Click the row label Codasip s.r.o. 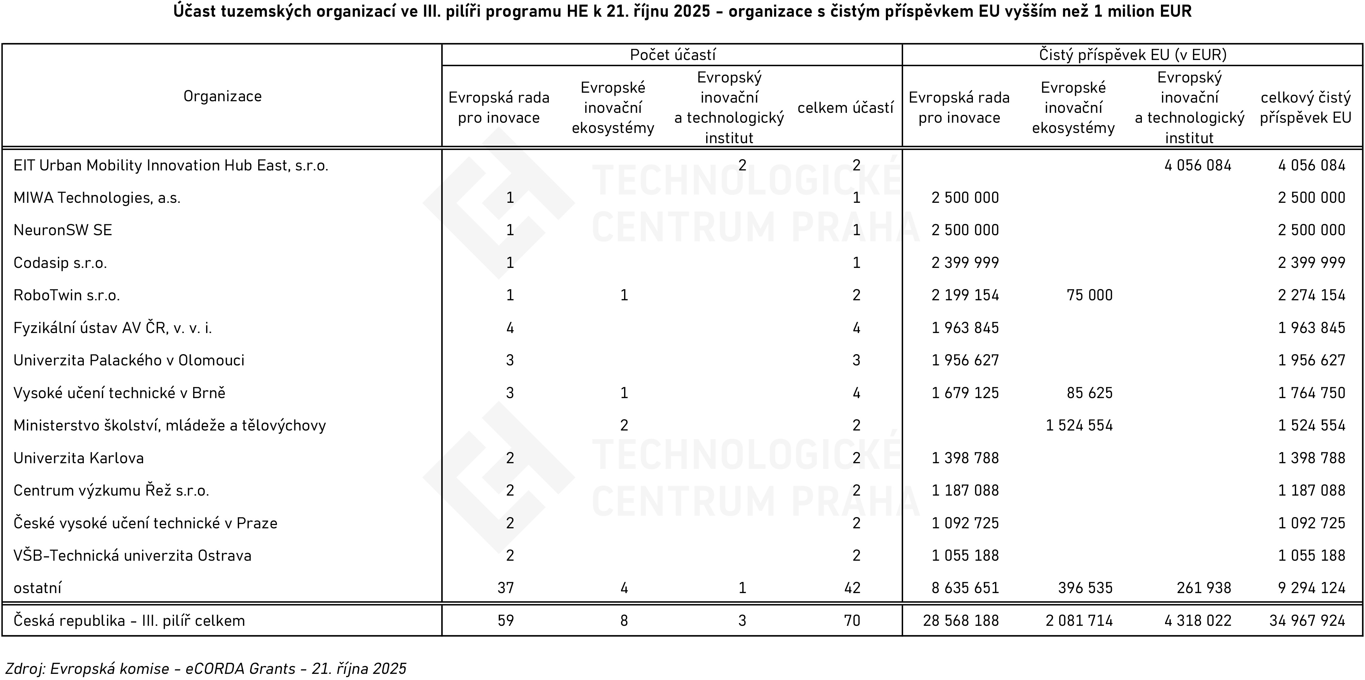pos(60,263)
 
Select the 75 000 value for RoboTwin pos(1089,295)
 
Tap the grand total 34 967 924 pos(1307,621)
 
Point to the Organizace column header pos(222,96)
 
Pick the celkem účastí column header pos(845,108)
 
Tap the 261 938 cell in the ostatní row pos(1204,588)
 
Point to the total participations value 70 pos(852,621)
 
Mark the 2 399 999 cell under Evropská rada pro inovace pos(965,263)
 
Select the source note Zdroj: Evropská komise pos(206,669)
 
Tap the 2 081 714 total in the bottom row pos(1080,621)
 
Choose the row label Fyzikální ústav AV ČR pos(112,329)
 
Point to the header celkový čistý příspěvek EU pos(1306,108)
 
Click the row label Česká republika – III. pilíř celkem pos(129,621)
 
